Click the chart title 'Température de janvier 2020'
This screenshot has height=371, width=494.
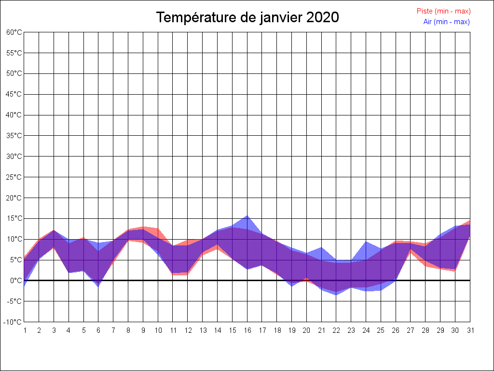(247, 17)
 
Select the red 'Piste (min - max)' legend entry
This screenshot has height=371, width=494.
(443, 11)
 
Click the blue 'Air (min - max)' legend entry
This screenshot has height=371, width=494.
(446, 22)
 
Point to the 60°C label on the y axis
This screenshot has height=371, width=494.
(14, 32)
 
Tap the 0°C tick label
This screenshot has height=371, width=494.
(16, 281)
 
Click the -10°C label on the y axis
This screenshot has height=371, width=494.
(14, 322)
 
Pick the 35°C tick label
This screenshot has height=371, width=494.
(14, 136)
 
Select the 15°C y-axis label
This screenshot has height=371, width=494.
(14, 218)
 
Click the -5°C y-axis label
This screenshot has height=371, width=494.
(14, 301)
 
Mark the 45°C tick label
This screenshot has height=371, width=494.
(14, 94)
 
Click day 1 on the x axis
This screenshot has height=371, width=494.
(24, 330)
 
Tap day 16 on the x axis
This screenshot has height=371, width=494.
(247, 330)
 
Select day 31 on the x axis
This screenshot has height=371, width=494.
(470, 330)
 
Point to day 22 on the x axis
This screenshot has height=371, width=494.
(336, 330)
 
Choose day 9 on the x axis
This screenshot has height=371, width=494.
(143, 330)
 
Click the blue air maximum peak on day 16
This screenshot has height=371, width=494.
(247, 216)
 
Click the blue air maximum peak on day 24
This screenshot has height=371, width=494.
(366, 242)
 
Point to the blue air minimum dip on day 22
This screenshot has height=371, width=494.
(336, 295)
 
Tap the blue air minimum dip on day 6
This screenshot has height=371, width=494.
(98, 286)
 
